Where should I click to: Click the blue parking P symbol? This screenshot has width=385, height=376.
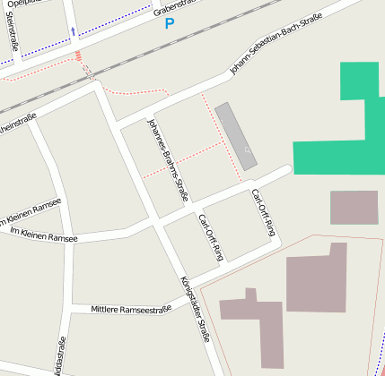coord(170,24)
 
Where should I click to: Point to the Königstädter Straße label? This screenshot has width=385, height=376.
coord(195,309)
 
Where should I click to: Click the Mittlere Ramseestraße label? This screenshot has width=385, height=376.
coord(131,309)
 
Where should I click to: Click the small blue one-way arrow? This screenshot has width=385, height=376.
coord(73,32)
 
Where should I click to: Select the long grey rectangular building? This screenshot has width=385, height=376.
coord(236,135)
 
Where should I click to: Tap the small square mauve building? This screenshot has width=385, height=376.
coord(354,207)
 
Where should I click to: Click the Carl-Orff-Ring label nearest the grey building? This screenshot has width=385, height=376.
coord(263,212)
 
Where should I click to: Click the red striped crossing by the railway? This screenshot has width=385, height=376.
coord(79,56)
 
